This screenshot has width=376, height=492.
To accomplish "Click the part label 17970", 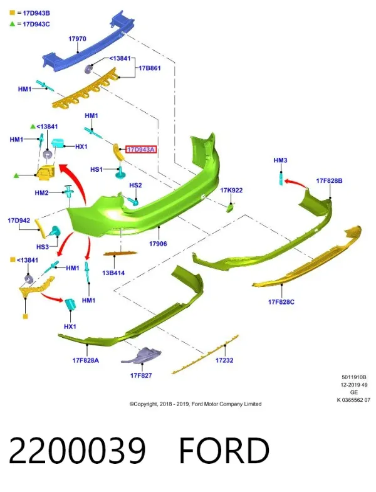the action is coord(77,39).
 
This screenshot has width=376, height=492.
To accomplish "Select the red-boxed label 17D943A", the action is coord(141,150).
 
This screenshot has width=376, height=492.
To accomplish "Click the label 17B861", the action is coord(150,68).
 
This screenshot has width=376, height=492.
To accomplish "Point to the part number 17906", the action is coord(158,244).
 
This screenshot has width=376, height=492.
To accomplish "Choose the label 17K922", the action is coord(231,190).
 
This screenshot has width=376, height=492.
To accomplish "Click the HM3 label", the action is coord(280,160).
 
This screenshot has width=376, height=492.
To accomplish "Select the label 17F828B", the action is coord(329,181).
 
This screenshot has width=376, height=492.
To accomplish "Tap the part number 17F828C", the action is coord(281,302).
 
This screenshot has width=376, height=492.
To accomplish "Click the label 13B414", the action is coord(113,273).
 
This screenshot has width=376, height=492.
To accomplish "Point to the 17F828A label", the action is coord(86,360).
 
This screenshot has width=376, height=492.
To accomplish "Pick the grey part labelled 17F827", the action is coord(141,356).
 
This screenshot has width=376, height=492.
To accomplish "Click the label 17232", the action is coord(224,360).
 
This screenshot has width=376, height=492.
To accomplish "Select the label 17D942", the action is coord(19,221).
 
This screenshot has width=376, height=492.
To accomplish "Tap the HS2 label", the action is coord(135,186).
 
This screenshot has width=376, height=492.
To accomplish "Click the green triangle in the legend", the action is coord(13,24).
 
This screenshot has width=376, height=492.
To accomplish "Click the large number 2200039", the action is coord(77,451).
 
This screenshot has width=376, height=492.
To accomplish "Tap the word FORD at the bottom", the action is coord(224,451).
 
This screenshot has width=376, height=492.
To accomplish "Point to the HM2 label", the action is coord(42,192).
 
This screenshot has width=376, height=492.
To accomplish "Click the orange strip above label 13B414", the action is coord(120,253).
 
